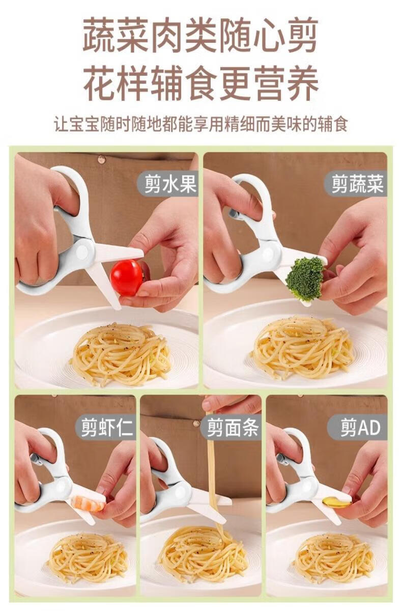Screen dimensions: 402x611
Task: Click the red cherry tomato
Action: click(127, 277)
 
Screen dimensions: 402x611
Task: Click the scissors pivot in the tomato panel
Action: click(82, 252)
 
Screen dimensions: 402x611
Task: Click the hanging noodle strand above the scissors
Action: click(214, 464)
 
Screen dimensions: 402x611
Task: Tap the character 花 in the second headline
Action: click(100, 83)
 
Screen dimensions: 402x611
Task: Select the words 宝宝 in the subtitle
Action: click(85, 124)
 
